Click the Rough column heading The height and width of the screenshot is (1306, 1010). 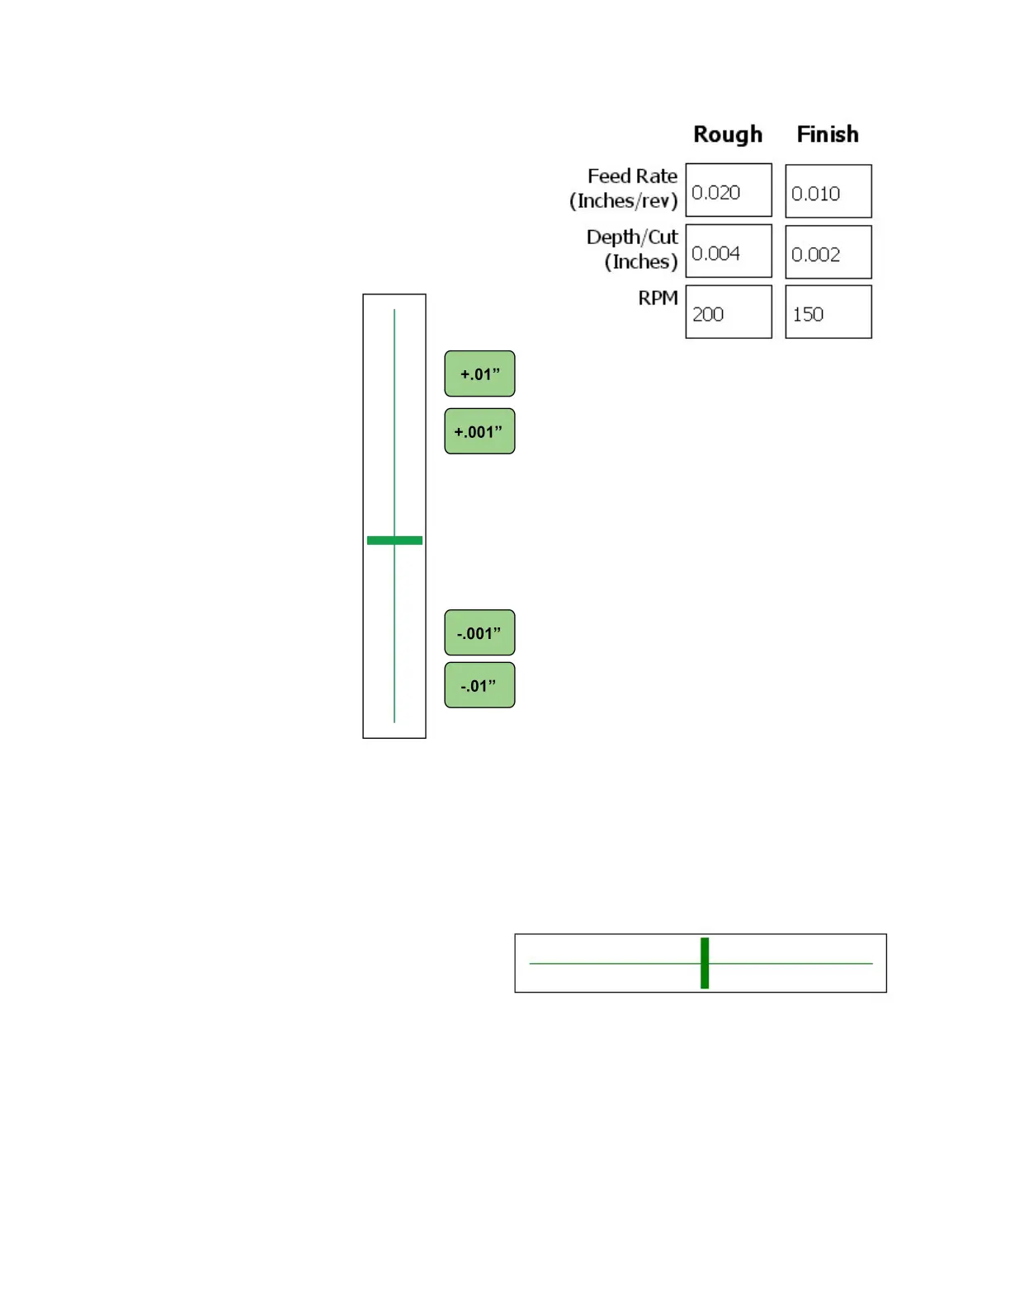(x=727, y=134)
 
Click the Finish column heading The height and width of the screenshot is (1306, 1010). (x=827, y=134)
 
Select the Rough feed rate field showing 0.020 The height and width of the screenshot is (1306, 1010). (x=729, y=190)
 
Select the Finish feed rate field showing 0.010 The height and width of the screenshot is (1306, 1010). (x=828, y=191)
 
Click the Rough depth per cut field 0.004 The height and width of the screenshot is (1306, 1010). (x=729, y=251)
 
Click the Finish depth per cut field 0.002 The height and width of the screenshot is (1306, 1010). (x=828, y=252)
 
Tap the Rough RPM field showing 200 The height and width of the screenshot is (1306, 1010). (x=729, y=312)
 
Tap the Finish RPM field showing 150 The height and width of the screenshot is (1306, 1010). (x=828, y=312)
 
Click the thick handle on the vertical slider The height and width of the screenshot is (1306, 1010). (x=394, y=540)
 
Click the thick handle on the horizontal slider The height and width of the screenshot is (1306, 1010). (x=705, y=963)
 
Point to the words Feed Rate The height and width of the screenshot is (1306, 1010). (x=632, y=176)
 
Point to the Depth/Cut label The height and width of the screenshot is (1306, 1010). (x=632, y=237)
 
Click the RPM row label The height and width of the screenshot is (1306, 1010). (x=658, y=298)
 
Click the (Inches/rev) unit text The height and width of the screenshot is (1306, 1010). (x=623, y=201)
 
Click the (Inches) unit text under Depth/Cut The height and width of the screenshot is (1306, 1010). (x=640, y=262)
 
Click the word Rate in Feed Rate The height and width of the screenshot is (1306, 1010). (x=657, y=176)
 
